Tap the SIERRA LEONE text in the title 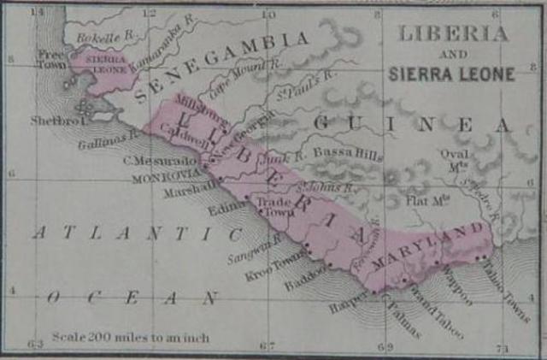(451, 74)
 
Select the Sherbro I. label (55, 121)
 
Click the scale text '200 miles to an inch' (130, 337)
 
